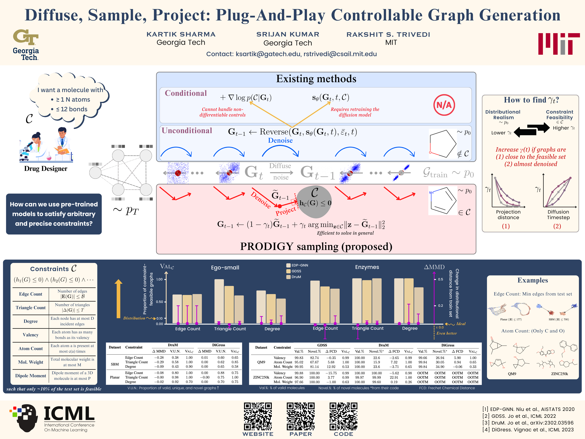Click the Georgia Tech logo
point(26,45)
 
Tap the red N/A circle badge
point(444,105)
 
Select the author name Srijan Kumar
point(288,34)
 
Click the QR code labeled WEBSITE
point(258,416)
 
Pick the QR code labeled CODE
point(343,416)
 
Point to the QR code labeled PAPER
point(301,416)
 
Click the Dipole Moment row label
point(31,376)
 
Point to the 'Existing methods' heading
point(316,79)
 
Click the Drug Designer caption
point(46,169)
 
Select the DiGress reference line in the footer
point(528,430)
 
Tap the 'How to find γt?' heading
point(531,100)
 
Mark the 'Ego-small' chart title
point(225,268)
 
